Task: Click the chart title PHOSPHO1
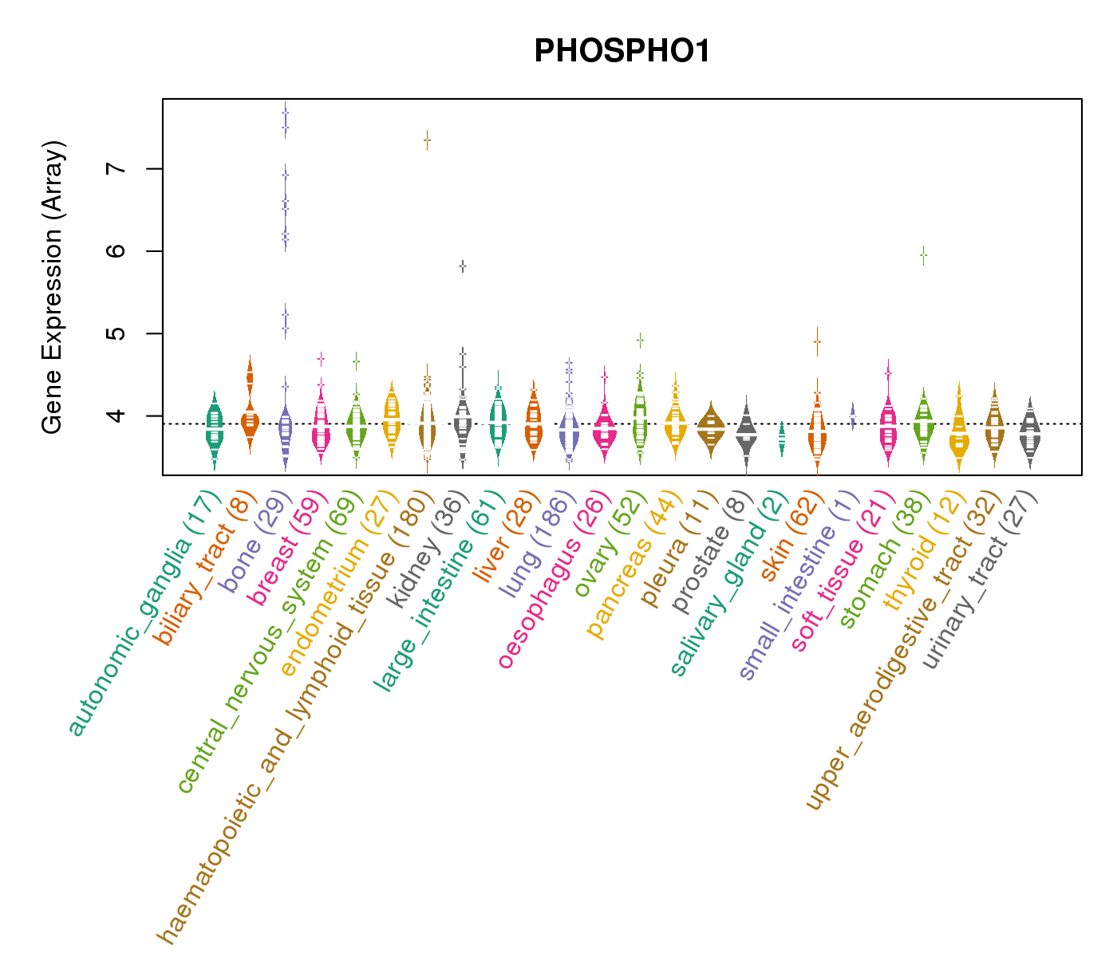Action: tap(622, 52)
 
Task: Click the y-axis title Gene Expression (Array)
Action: tap(52, 287)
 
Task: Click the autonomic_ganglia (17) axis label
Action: tap(144, 614)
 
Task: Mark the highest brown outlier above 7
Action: tap(427, 140)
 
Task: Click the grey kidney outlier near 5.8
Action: tap(463, 266)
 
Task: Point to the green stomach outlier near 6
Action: tap(923, 256)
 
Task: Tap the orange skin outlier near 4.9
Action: tap(817, 341)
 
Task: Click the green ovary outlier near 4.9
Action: tap(640, 341)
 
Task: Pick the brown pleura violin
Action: tap(711, 429)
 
